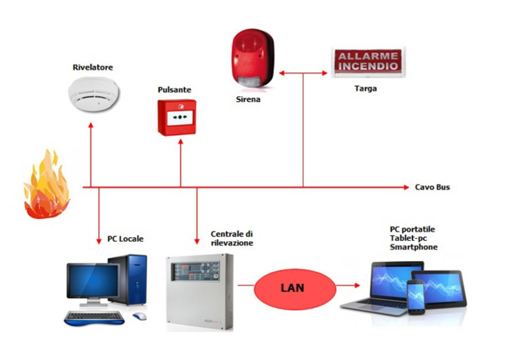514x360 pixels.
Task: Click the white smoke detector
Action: click(x=94, y=94)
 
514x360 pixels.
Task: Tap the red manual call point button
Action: click(x=177, y=117)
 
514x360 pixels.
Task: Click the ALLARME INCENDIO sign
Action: click(x=368, y=62)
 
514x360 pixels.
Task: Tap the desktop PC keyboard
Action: click(x=94, y=318)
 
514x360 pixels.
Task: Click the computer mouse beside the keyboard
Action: click(x=140, y=316)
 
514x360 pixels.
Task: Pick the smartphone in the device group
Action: click(x=416, y=297)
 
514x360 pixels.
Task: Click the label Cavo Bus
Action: click(x=432, y=187)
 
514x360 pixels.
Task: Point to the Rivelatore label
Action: click(x=93, y=67)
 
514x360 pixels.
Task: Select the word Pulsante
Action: click(x=174, y=89)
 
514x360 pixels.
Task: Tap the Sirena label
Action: click(x=248, y=99)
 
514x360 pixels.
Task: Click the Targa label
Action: click(x=365, y=88)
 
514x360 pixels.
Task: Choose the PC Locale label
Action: click(x=125, y=238)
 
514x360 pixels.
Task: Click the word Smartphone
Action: click(x=414, y=247)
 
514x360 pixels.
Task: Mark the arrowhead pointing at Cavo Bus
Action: click(x=407, y=187)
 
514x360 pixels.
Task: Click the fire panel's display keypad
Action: click(x=196, y=271)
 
